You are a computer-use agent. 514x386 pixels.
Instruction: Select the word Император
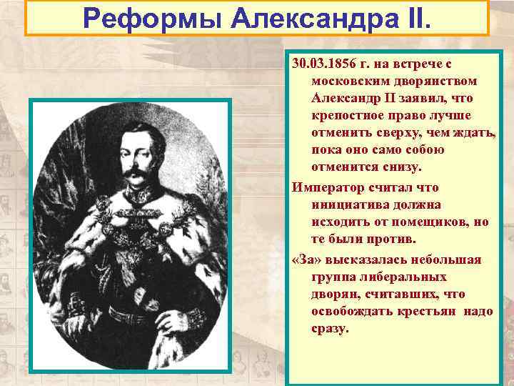324,187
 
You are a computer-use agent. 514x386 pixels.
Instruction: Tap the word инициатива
350,204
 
